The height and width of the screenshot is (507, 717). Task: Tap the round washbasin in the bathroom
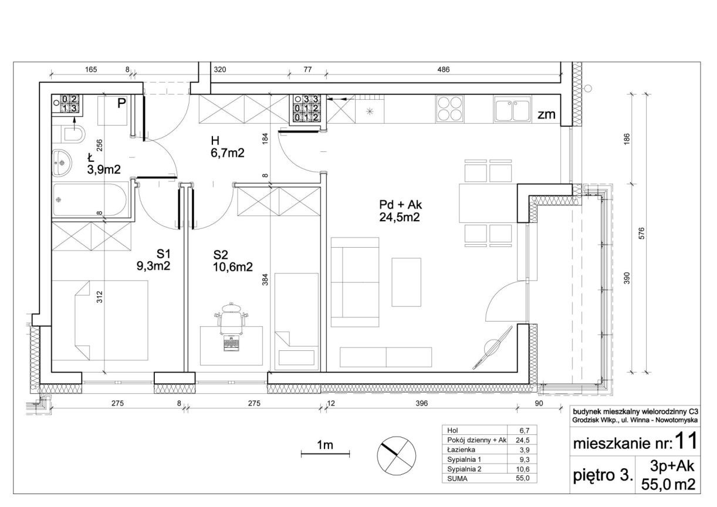[x=62, y=163]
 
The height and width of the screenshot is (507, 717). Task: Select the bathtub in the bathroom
[x=90, y=200]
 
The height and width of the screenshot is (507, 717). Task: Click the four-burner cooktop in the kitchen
[x=449, y=109]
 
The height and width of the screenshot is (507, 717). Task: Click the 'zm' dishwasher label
[x=546, y=114]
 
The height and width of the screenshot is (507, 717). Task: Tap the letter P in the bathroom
[x=121, y=103]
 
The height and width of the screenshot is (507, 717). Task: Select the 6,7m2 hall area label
[x=227, y=153]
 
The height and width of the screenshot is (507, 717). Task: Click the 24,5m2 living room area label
[x=399, y=217]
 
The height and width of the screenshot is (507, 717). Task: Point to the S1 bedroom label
[x=163, y=254]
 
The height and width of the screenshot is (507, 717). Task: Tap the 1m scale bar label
[x=325, y=445]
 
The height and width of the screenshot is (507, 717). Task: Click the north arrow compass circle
[x=397, y=455]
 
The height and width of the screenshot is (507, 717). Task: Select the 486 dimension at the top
[x=444, y=69]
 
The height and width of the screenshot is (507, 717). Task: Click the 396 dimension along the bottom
[x=421, y=403]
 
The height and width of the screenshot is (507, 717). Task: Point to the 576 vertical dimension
[x=641, y=233]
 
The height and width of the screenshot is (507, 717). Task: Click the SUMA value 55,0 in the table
[x=523, y=478]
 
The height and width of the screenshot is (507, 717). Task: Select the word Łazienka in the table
[x=461, y=449]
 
